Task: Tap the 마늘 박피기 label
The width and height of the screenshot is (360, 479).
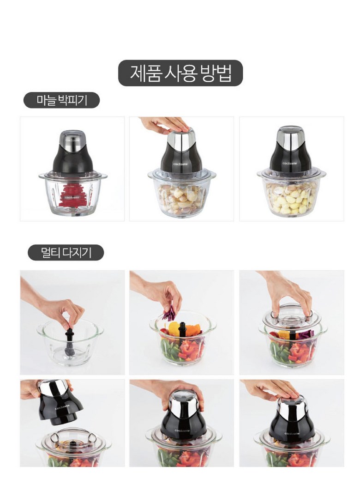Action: click(x=62, y=100)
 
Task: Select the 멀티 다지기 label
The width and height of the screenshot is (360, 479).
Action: click(x=66, y=253)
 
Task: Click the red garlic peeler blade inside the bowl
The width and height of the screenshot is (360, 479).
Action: click(x=72, y=195)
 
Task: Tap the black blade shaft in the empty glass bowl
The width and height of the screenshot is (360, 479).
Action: click(x=70, y=341)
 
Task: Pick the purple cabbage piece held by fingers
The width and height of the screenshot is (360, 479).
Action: click(x=169, y=314)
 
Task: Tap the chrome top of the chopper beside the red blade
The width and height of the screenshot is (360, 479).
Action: click(x=72, y=140)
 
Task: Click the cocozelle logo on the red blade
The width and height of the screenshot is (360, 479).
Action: click(x=72, y=197)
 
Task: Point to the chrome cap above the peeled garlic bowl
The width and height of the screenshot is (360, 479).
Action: click(x=291, y=137)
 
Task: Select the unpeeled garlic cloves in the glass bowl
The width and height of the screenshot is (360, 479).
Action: click(x=181, y=199)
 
